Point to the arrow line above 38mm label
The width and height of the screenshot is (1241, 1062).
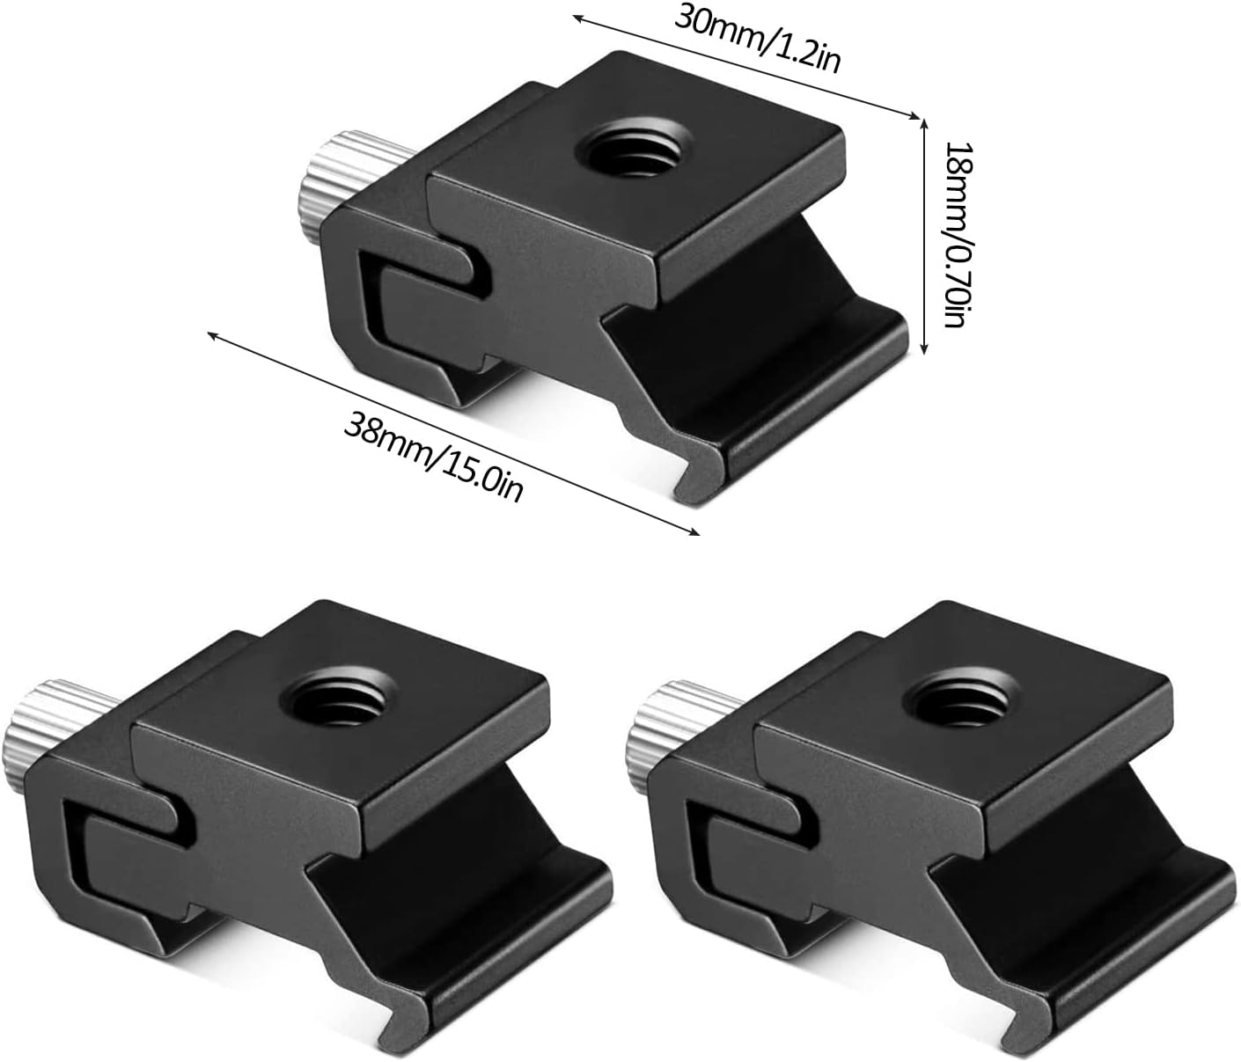point(452,432)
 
